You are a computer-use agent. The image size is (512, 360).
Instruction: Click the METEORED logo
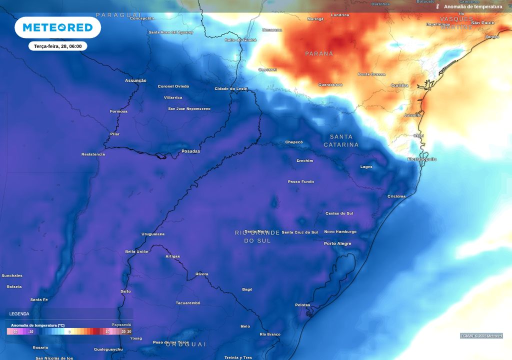pos(57,27)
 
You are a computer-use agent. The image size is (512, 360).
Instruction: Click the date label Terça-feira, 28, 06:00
pos(57,46)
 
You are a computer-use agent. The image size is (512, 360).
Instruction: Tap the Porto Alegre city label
pos(337,243)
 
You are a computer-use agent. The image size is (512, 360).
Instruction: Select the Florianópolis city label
pos(421,159)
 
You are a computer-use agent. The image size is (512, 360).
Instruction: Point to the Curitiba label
pos(399,85)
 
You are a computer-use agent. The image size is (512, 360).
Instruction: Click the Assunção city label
pos(135,80)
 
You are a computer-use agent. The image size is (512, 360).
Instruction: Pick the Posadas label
pos(190,151)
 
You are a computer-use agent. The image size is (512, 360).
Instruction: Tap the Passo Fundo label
pos(301,181)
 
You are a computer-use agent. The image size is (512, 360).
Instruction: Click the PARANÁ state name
pos(319,53)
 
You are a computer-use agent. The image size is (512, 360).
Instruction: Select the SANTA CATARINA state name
pos(341,140)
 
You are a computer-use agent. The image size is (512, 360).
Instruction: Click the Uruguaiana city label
pos(153,234)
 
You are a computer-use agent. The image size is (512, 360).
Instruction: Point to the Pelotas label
pos(302,305)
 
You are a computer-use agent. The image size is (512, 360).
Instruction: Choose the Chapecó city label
pos(294,142)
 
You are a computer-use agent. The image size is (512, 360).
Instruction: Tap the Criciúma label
pos(396,196)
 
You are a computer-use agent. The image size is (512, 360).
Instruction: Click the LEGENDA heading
pos(19,314)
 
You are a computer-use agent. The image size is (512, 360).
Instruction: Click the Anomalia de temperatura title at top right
pos(473,7)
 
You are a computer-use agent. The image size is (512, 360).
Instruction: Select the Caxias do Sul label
pos(339,213)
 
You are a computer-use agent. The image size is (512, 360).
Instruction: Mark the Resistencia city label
pos(93,154)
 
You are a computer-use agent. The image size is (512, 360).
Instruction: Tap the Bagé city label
pos(247,289)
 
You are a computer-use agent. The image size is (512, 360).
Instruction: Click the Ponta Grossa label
pos(371,74)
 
